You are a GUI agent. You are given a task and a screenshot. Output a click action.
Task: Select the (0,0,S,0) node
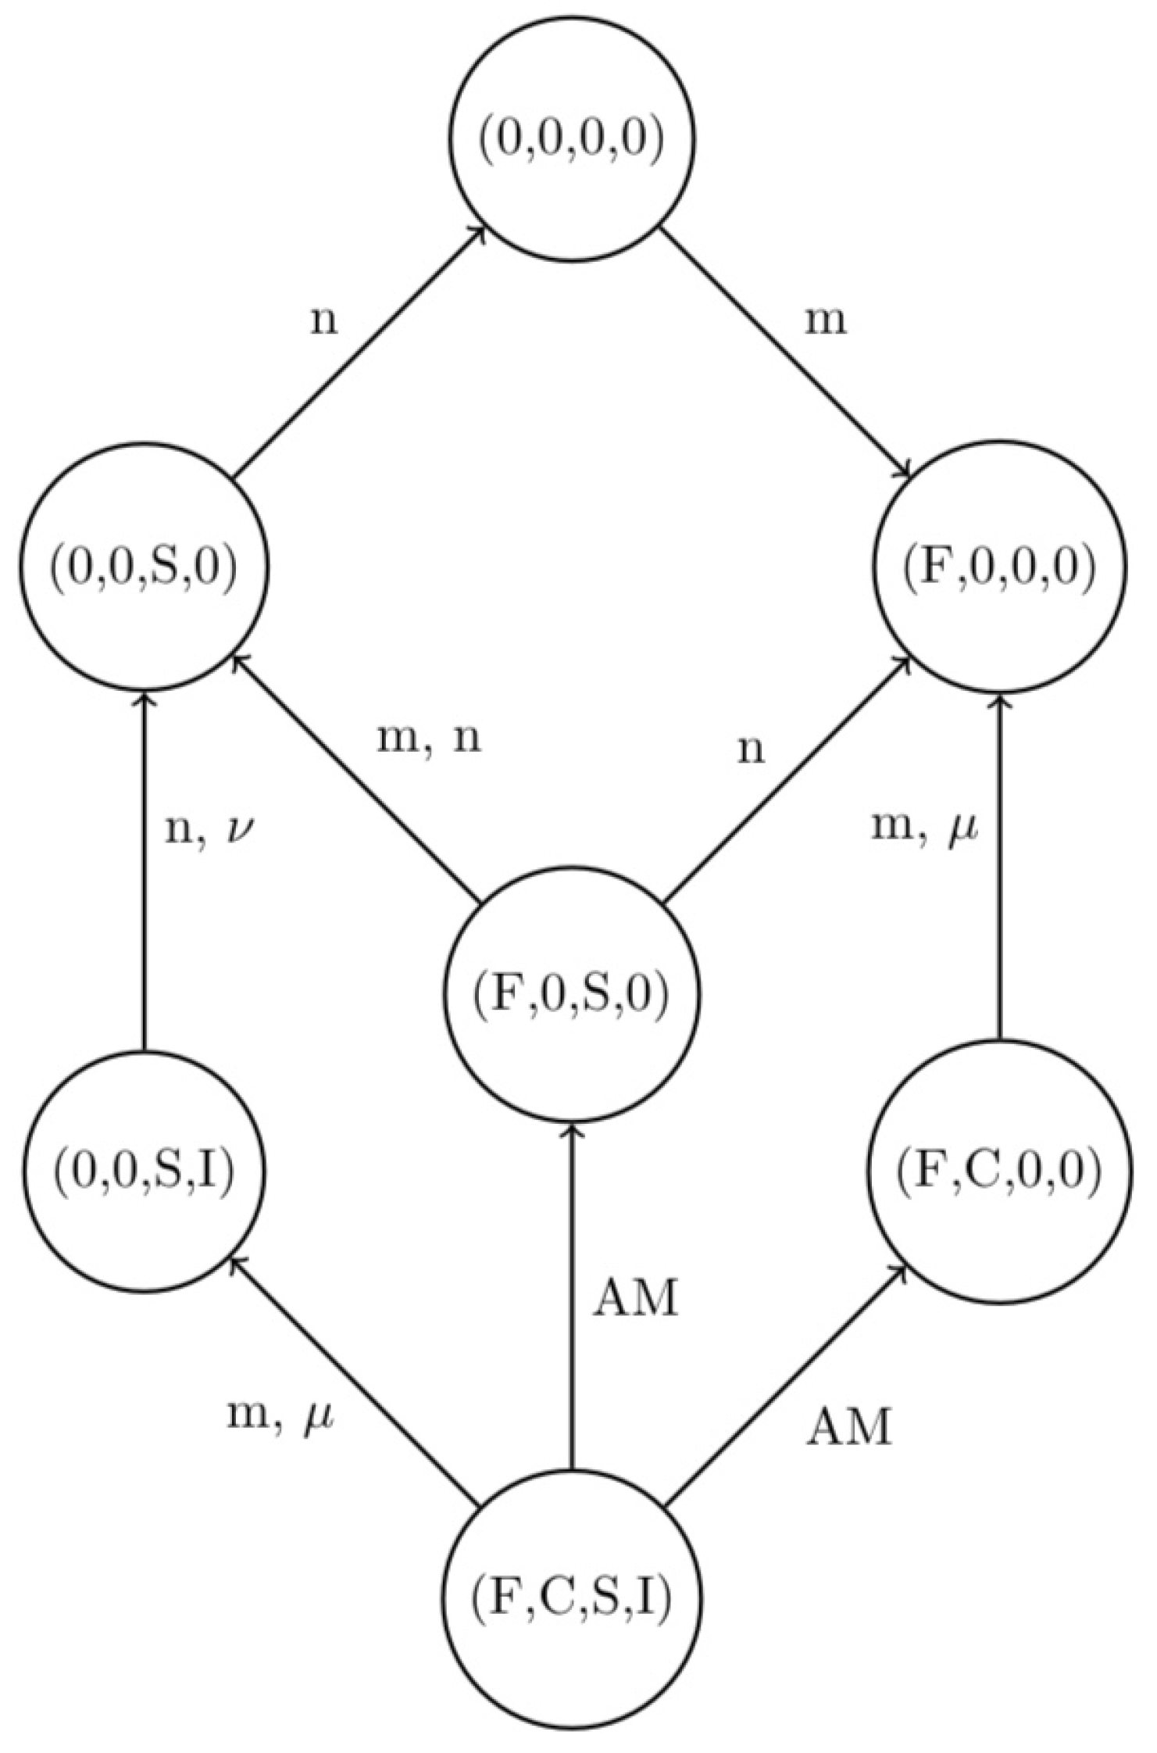[x=144, y=567]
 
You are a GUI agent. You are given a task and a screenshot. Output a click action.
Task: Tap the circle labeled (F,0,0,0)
[x=999, y=567]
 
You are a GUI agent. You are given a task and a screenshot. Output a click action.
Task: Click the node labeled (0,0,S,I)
[x=144, y=1173]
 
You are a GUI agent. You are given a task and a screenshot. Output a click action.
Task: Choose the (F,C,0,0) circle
[x=999, y=1173]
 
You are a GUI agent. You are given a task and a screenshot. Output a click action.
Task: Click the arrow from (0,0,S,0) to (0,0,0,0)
[x=359, y=352]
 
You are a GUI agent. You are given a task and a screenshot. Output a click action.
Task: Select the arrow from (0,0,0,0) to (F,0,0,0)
[x=785, y=352]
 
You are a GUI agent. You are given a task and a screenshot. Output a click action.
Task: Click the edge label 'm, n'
[x=429, y=739]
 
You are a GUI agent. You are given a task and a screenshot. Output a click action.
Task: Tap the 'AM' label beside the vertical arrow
[x=634, y=1300]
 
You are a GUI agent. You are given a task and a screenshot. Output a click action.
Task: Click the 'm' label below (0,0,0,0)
[x=827, y=321]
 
